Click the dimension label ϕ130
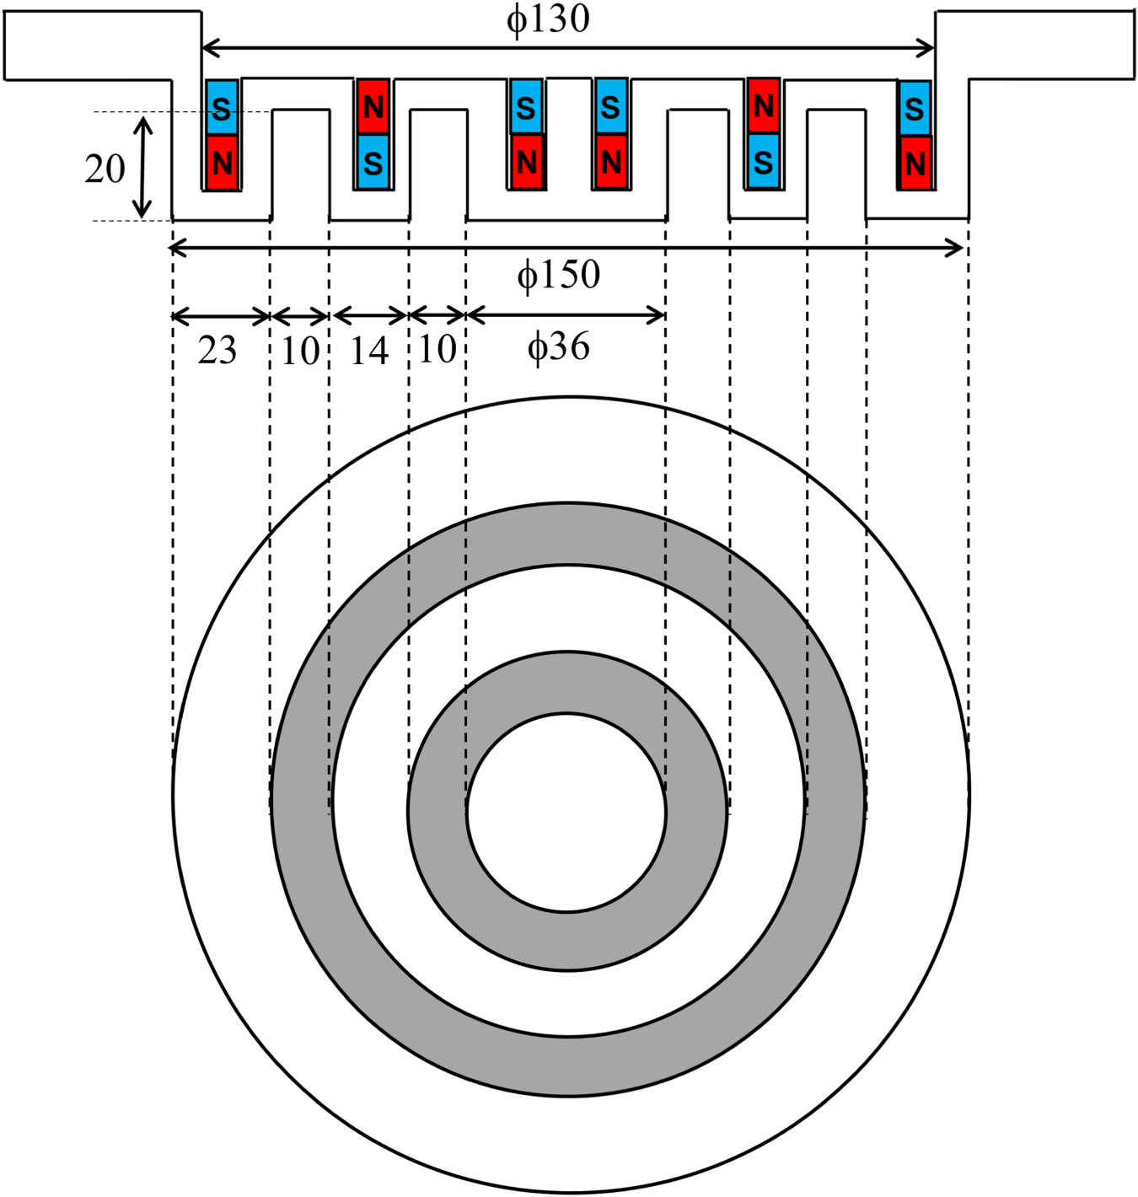click(x=548, y=19)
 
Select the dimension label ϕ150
click(x=558, y=275)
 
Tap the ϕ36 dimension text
click(x=558, y=346)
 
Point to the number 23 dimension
click(x=217, y=351)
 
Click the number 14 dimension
click(x=369, y=351)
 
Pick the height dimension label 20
click(x=105, y=169)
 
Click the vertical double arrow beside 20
click(x=143, y=166)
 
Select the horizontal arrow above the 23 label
click(x=221, y=317)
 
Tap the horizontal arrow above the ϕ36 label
click(x=566, y=316)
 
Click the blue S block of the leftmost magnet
click(x=222, y=107)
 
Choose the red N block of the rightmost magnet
click(x=915, y=163)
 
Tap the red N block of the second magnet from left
click(x=373, y=106)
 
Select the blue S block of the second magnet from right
click(x=763, y=161)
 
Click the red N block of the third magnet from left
click(x=526, y=161)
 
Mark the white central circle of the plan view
click(x=566, y=813)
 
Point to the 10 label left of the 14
click(x=300, y=351)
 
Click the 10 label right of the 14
click(x=437, y=349)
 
